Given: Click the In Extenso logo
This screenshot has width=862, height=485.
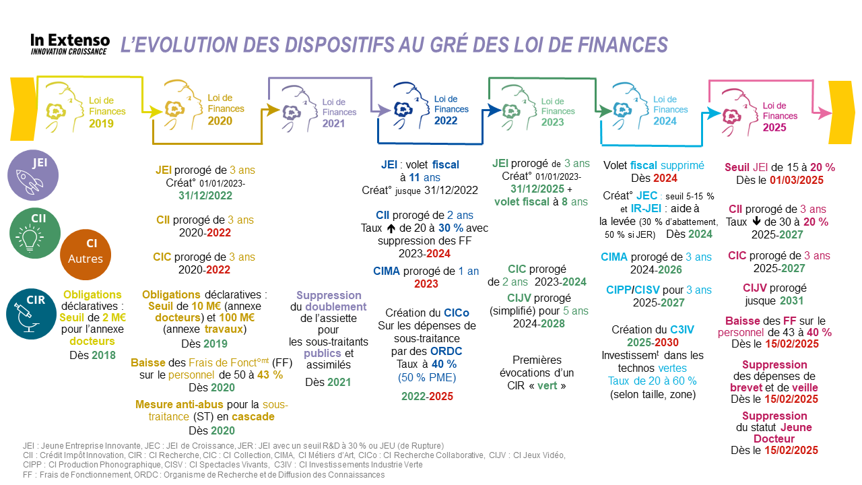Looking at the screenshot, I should click(x=69, y=44).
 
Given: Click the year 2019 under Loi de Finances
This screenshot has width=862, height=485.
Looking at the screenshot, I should click(x=102, y=123).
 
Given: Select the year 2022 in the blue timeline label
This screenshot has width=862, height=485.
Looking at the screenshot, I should click(x=445, y=121).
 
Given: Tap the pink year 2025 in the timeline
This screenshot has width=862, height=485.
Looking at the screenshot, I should click(x=775, y=127).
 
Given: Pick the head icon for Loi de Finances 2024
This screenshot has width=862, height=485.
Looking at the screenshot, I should click(x=626, y=103).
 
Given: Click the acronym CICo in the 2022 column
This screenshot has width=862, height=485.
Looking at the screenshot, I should click(x=456, y=313).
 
